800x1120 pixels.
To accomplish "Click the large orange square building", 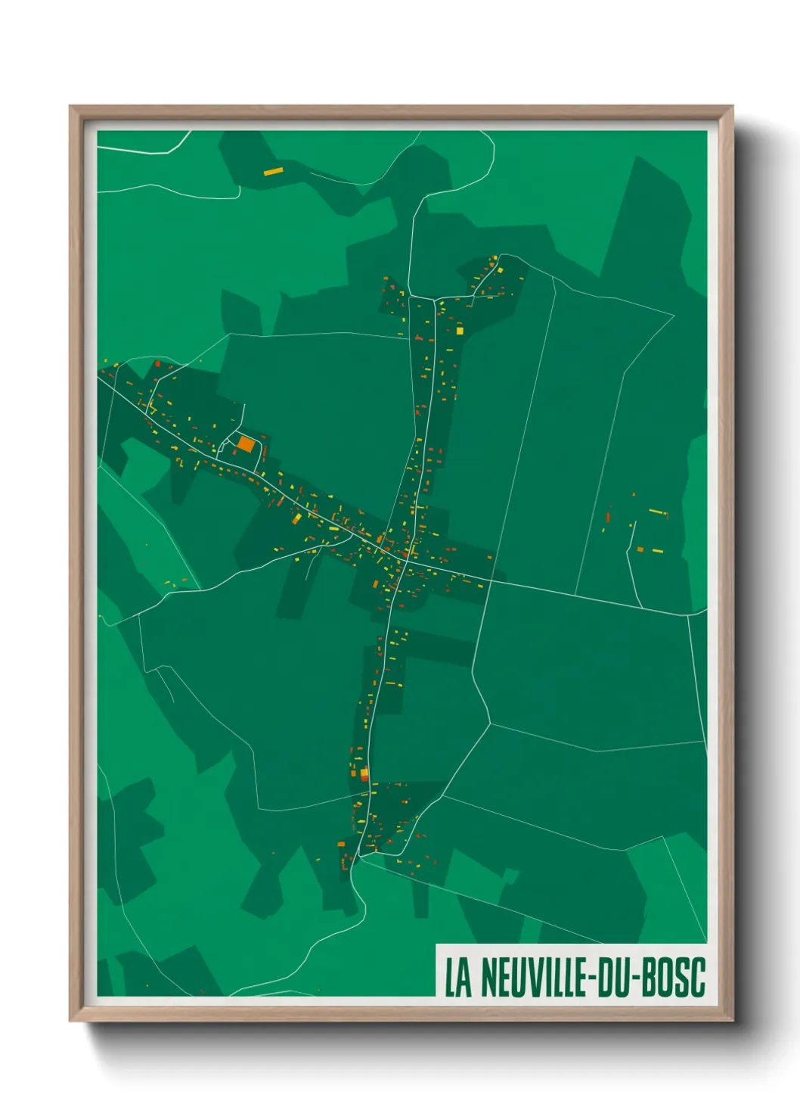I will pos(246,443).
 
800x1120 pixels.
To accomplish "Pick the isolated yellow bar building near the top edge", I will pos(273,172).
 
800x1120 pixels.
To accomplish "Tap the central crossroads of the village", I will pos(406,561).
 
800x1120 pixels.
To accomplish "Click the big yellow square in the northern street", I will pos(459,330).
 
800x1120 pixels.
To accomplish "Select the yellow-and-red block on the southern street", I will pos(364,773).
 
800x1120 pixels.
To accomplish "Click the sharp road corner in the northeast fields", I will pos(673,314).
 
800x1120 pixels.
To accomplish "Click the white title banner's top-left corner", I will pos(437,945).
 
